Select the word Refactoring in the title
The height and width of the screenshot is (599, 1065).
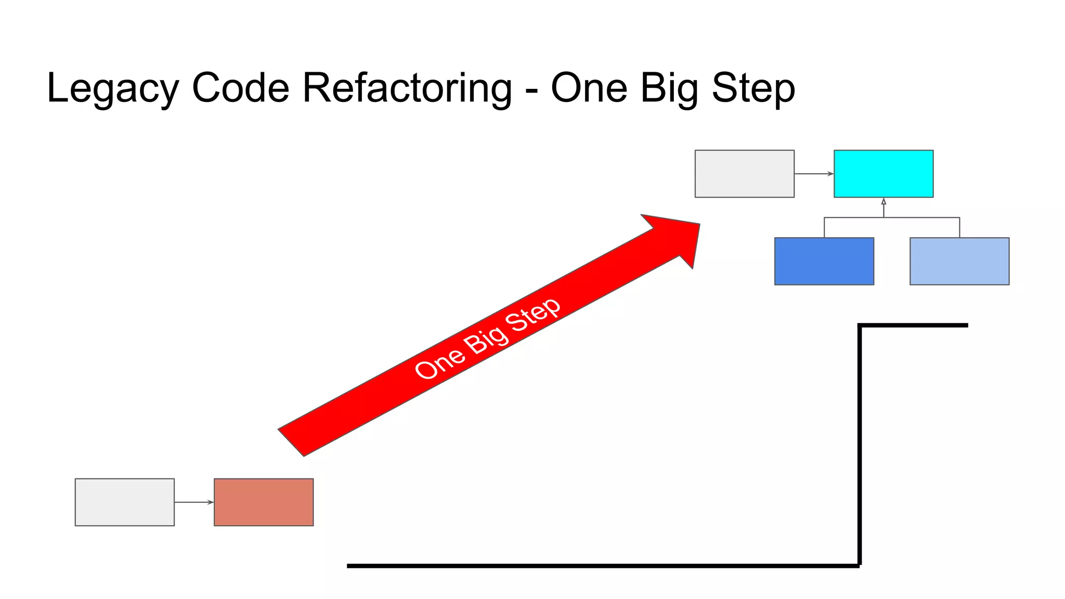pyautogui.click(x=407, y=88)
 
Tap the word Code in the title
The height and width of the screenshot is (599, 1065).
pyautogui.click(x=240, y=88)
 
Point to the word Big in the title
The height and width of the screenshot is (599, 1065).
pyautogui.click(x=669, y=89)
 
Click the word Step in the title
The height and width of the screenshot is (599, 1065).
pyautogui.click(x=753, y=89)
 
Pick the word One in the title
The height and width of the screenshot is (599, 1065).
pyautogui.click(x=589, y=88)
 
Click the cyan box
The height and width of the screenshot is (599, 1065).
pyautogui.click(x=883, y=174)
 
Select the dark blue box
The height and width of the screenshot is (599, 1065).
pyautogui.click(x=824, y=261)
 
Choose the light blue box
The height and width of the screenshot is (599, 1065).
pyautogui.click(x=959, y=261)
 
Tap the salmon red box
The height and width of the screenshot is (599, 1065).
pyautogui.click(x=264, y=502)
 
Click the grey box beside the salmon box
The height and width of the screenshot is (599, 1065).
pyautogui.click(x=124, y=502)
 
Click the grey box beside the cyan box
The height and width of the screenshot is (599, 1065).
pyautogui.click(x=744, y=174)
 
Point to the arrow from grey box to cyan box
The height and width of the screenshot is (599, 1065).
pyautogui.click(x=814, y=174)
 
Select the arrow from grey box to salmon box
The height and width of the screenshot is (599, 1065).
pyautogui.click(x=194, y=502)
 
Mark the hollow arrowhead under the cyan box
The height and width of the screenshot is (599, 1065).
pyautogui.click(x=883, y=201)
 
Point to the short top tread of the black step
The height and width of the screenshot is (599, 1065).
pyautogui.click(x=913, y=325)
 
